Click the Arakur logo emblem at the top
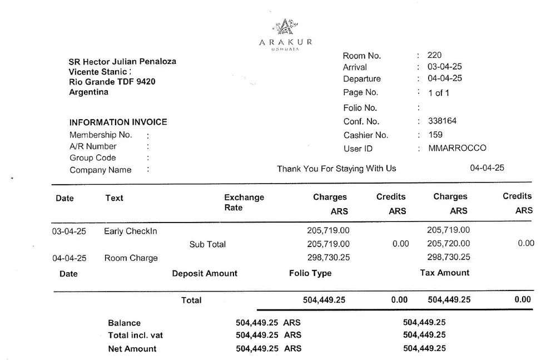(285, 26)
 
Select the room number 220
(434, 55)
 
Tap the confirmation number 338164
(443, 121)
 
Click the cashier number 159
(435, 135)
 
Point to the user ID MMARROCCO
(457, 148)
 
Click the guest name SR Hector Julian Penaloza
(122, 61)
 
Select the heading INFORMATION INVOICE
(118, 122)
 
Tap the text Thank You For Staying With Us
(336, 168)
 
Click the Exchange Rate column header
(244, 203)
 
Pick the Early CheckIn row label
(131, 231)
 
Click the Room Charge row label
(131, 258)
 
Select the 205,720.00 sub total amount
(448, 243)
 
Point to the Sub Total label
(207, 244)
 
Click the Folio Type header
(310, 273)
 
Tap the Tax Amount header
(444, 273)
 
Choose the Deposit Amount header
(205, 273)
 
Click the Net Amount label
(132, 349)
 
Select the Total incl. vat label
(135, 336)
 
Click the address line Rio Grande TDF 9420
(112, 82)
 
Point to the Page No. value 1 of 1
(439, 93)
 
